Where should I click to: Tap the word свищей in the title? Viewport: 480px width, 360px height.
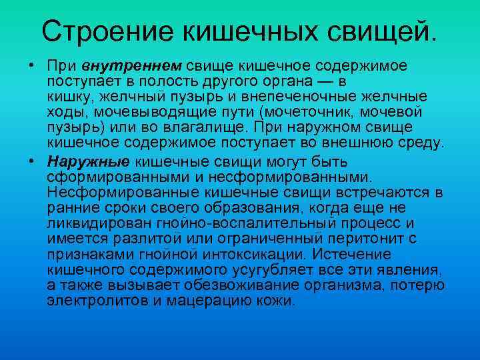pyautogui.click(x=380, y=31)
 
